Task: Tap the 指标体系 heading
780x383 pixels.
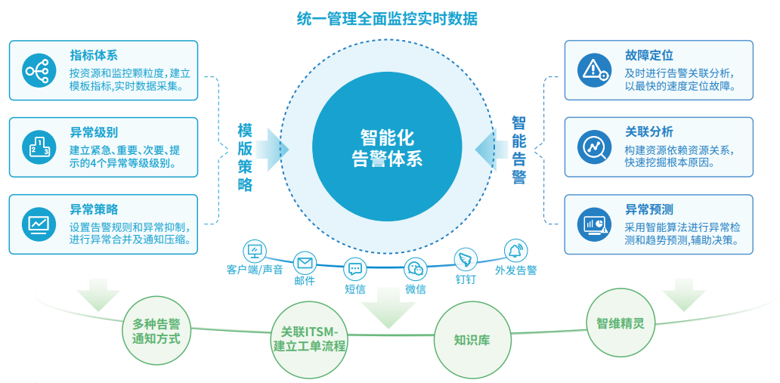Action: click(x=94, y=55)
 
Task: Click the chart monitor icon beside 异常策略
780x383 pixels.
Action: click(x=39, y=224)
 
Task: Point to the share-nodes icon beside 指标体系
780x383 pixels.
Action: click(x=39, y=71)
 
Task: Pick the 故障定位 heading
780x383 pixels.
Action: click(x=648, y=55)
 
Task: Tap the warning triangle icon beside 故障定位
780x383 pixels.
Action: click(x=594, y=70)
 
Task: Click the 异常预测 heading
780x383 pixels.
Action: click(x=648, y=209)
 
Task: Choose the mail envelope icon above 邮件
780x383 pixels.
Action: click(x=305, y=263)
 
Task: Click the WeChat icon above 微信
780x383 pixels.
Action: click(x=416, y=268)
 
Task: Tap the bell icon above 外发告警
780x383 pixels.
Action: click(x=516, y=250)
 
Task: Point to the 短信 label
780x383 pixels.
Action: click(x=355, y=288)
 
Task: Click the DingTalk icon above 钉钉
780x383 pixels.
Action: click(x=466, y=260)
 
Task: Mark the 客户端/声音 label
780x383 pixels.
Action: click(x=254, y=270)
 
